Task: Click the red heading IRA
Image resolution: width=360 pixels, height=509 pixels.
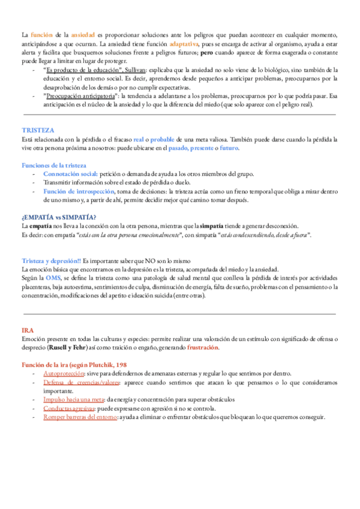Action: [x=27, y=331]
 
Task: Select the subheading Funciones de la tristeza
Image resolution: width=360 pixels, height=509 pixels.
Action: [x=54, y=164]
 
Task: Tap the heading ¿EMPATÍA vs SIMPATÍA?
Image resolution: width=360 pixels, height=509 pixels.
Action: [x=59, y=217]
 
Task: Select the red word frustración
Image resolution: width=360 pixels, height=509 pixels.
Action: [x=203, y=348]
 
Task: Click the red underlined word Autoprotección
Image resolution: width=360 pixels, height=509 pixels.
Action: [x=64, y=373]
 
